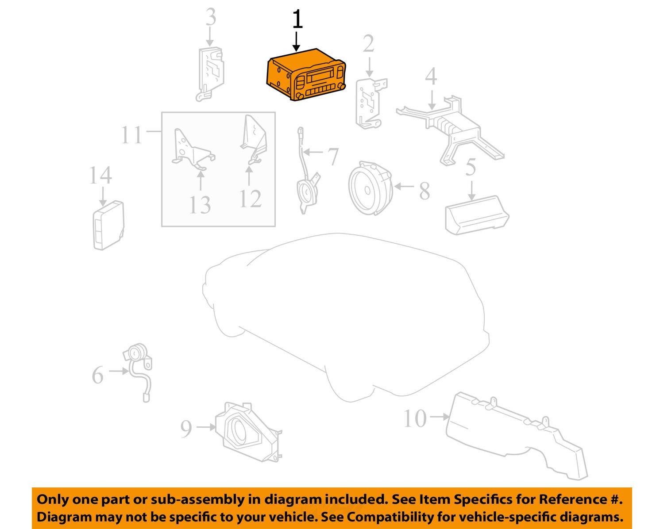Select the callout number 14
(100, 176)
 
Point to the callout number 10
(415, 418)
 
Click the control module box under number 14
(108, 225)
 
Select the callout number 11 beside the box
(132, 135)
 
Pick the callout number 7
(333, 156)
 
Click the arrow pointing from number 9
(206, 427)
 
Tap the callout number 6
(98, 375)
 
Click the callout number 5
(471, 167)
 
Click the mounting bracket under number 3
(210, 74)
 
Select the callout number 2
(368, 43)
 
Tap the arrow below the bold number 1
(297, 41)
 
